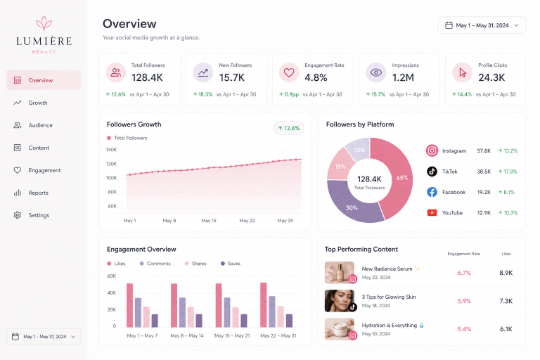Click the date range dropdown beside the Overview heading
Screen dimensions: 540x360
482,25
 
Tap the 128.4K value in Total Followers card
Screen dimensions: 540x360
147,77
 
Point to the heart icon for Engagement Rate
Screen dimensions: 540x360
289,72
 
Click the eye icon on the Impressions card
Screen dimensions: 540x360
375,72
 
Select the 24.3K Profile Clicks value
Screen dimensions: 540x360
491,77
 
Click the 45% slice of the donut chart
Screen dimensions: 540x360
396,176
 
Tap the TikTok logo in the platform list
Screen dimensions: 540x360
432,172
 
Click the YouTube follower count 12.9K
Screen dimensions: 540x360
484,213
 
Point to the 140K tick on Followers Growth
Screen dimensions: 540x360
111,150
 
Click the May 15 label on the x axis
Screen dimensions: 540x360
209,221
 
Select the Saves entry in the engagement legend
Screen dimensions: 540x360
231,264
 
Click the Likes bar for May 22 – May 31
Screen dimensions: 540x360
264,305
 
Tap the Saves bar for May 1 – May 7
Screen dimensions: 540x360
155,321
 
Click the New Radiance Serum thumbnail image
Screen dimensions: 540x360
340,273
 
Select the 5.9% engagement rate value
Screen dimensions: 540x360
464,301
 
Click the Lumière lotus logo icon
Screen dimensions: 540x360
44,23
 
